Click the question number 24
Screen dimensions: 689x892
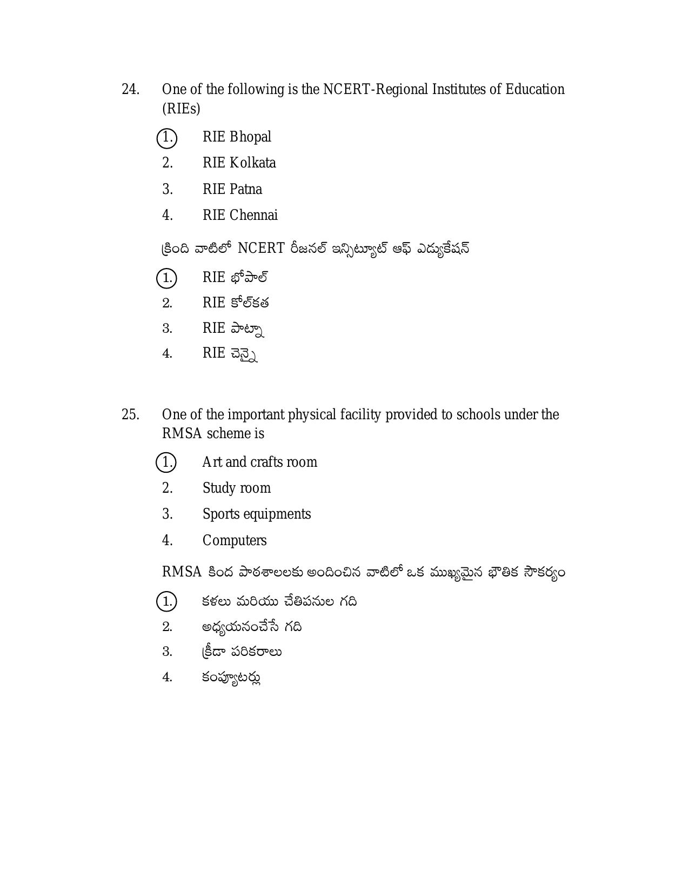pos(130,89)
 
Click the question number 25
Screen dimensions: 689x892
pos(130,414)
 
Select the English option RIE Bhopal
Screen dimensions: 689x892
pos(237,137)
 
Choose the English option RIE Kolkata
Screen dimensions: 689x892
pos(239,163)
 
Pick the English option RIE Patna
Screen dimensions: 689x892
pos(232,189)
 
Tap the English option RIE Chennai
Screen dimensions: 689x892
pos(240,215)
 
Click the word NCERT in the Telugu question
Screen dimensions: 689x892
pos(261,248)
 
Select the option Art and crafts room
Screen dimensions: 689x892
pos(259,462)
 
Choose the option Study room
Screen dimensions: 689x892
pos(236,488)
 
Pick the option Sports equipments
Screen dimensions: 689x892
pos(257,514)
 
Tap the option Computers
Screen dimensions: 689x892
pos(235,540)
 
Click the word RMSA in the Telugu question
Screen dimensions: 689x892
pos(182,572)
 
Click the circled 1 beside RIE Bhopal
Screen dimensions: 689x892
pos(167,138)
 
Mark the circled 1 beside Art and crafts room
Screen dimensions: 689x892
pos(166,462)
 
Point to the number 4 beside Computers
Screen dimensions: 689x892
pos(167,540)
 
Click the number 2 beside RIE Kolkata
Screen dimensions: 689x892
pos(167,163)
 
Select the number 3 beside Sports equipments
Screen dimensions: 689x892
pos(167,514)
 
